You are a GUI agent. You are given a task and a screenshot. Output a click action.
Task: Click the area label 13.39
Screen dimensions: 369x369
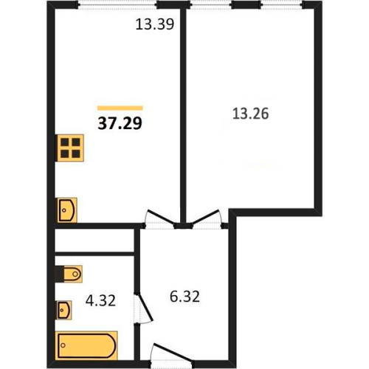[155, 24]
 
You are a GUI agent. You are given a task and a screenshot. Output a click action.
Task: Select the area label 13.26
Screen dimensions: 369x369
[250, 114]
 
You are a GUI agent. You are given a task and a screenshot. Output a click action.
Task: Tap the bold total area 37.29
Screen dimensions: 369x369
[120, 123]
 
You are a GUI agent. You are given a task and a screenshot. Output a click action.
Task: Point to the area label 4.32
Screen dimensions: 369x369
[100, 300]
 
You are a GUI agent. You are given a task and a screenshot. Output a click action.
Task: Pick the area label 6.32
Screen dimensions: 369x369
[184, 297]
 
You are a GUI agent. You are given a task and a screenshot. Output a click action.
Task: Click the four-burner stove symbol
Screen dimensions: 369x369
[70, 148]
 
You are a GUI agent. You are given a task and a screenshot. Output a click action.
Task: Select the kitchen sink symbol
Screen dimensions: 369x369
[67, 210]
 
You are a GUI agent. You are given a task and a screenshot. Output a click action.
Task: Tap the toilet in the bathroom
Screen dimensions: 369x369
[69, 274]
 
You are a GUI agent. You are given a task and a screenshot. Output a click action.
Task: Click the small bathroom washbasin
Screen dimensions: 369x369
[64, 310]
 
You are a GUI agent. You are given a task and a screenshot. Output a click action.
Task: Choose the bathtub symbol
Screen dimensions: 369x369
[86, 345]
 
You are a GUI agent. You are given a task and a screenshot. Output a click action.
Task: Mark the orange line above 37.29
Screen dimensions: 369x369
[120, 108]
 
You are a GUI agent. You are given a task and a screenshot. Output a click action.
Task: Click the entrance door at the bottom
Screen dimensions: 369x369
[171, 356]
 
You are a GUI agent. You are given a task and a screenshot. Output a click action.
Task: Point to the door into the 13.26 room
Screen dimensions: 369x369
[206, 215]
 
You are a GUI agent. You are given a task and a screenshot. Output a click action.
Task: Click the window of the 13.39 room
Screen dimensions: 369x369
[118, 5]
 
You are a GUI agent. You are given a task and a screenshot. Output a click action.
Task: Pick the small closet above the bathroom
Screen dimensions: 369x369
[94, 241]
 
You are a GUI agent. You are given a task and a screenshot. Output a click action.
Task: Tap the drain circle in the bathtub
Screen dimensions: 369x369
[63, 345]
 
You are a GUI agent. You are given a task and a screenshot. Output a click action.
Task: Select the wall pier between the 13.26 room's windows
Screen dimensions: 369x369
[246, 4]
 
